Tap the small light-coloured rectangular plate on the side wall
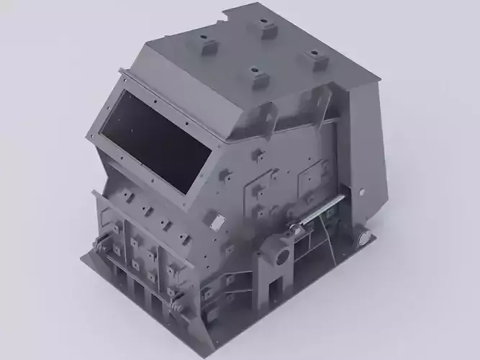coord(332,210)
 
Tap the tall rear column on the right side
coord(367,158)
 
